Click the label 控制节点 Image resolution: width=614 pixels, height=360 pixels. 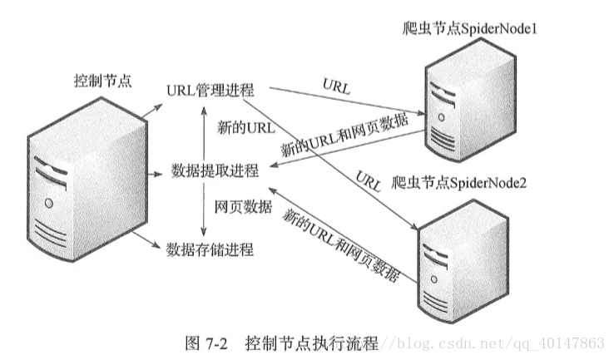pyautogui.click(x=103, y=82)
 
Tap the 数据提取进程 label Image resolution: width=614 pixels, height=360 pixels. pyautogui.click(x=215, y=171)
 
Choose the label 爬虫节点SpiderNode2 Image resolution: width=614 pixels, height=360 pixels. pyautogui.click(x=468, y=181)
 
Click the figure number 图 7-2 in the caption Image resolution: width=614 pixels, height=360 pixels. pyautogui.click(x=206, y=342)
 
